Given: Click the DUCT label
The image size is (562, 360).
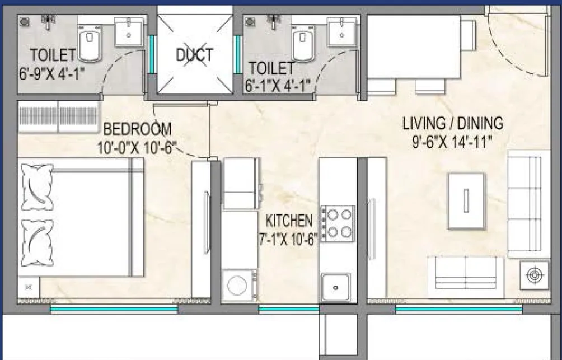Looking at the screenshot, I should (194, 54).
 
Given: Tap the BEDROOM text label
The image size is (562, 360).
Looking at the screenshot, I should (138, 129).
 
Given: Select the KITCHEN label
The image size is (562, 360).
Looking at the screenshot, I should (288, 219).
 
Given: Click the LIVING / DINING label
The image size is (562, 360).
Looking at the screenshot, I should (453, 123).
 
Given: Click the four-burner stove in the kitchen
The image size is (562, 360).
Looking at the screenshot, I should (338, 223).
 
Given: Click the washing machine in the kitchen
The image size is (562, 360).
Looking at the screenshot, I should (239, 285).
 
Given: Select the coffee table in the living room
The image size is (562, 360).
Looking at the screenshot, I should (466, 200).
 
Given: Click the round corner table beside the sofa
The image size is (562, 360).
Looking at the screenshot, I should (534, 275).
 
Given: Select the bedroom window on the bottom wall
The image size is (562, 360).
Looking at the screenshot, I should (114, 308).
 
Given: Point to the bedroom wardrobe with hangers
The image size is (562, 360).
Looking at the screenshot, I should (58, 116).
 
